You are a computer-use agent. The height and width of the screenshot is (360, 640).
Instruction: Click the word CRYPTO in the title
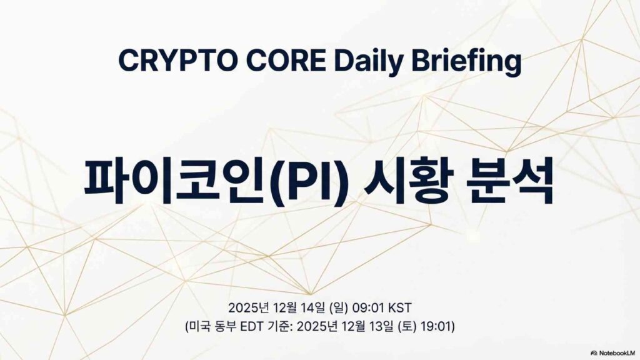tap(178, 61)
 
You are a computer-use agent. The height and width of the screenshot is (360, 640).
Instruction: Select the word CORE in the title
tap(286, 61)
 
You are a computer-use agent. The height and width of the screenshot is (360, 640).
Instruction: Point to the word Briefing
tap(466, 62)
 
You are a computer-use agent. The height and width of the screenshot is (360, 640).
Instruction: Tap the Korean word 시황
tap(407, 182)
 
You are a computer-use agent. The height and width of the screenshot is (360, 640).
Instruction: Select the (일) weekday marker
tap(338, 307)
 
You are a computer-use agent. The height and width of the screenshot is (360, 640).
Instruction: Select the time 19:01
tap(437, 326)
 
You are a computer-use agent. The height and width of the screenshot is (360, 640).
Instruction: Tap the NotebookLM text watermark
tap(617, 353)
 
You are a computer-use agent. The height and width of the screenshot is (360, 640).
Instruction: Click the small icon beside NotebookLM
tap(594, 353)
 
